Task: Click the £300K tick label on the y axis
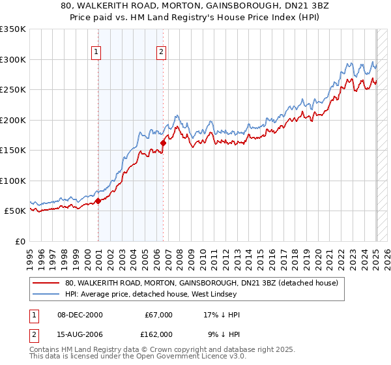tap(13, 59)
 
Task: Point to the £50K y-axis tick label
tap(16, 211)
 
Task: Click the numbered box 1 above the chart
tap(96, 53)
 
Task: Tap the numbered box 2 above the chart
tap(161, 53)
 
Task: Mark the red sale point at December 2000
tap(98, 201)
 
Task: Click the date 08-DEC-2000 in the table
tap(80, 315)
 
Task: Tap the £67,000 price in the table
tap(157, 315)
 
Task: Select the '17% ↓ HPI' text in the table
tap(222, 315)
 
